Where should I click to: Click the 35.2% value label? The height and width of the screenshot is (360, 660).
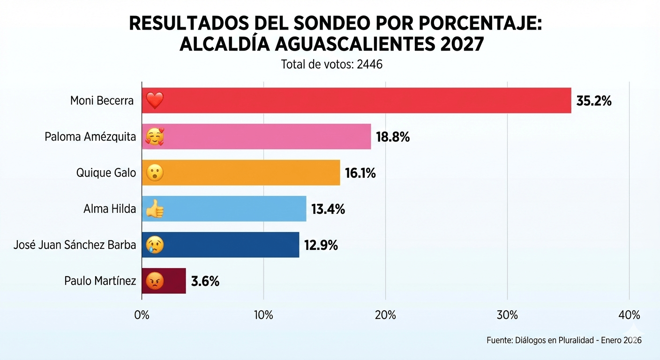[594, 101]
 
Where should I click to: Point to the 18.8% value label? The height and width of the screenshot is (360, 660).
[393, 137]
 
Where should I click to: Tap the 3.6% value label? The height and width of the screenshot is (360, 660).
[205, 281]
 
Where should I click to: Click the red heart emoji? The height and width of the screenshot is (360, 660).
[154, 100]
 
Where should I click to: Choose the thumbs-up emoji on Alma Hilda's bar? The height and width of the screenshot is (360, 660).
[155, 209]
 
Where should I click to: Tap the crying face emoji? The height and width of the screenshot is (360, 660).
[155, 245]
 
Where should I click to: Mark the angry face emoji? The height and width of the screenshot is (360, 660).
[155, 281]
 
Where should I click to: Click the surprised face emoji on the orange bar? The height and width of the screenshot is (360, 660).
[155, 173]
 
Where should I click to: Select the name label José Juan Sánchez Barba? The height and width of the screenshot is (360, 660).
[75, 245]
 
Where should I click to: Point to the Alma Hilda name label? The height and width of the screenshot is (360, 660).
[110, 209]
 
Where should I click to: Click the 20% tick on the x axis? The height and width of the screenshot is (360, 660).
[385, 315]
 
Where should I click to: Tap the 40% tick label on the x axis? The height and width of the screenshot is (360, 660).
[629, 315]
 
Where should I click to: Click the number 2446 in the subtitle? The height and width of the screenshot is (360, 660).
[369, 64]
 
